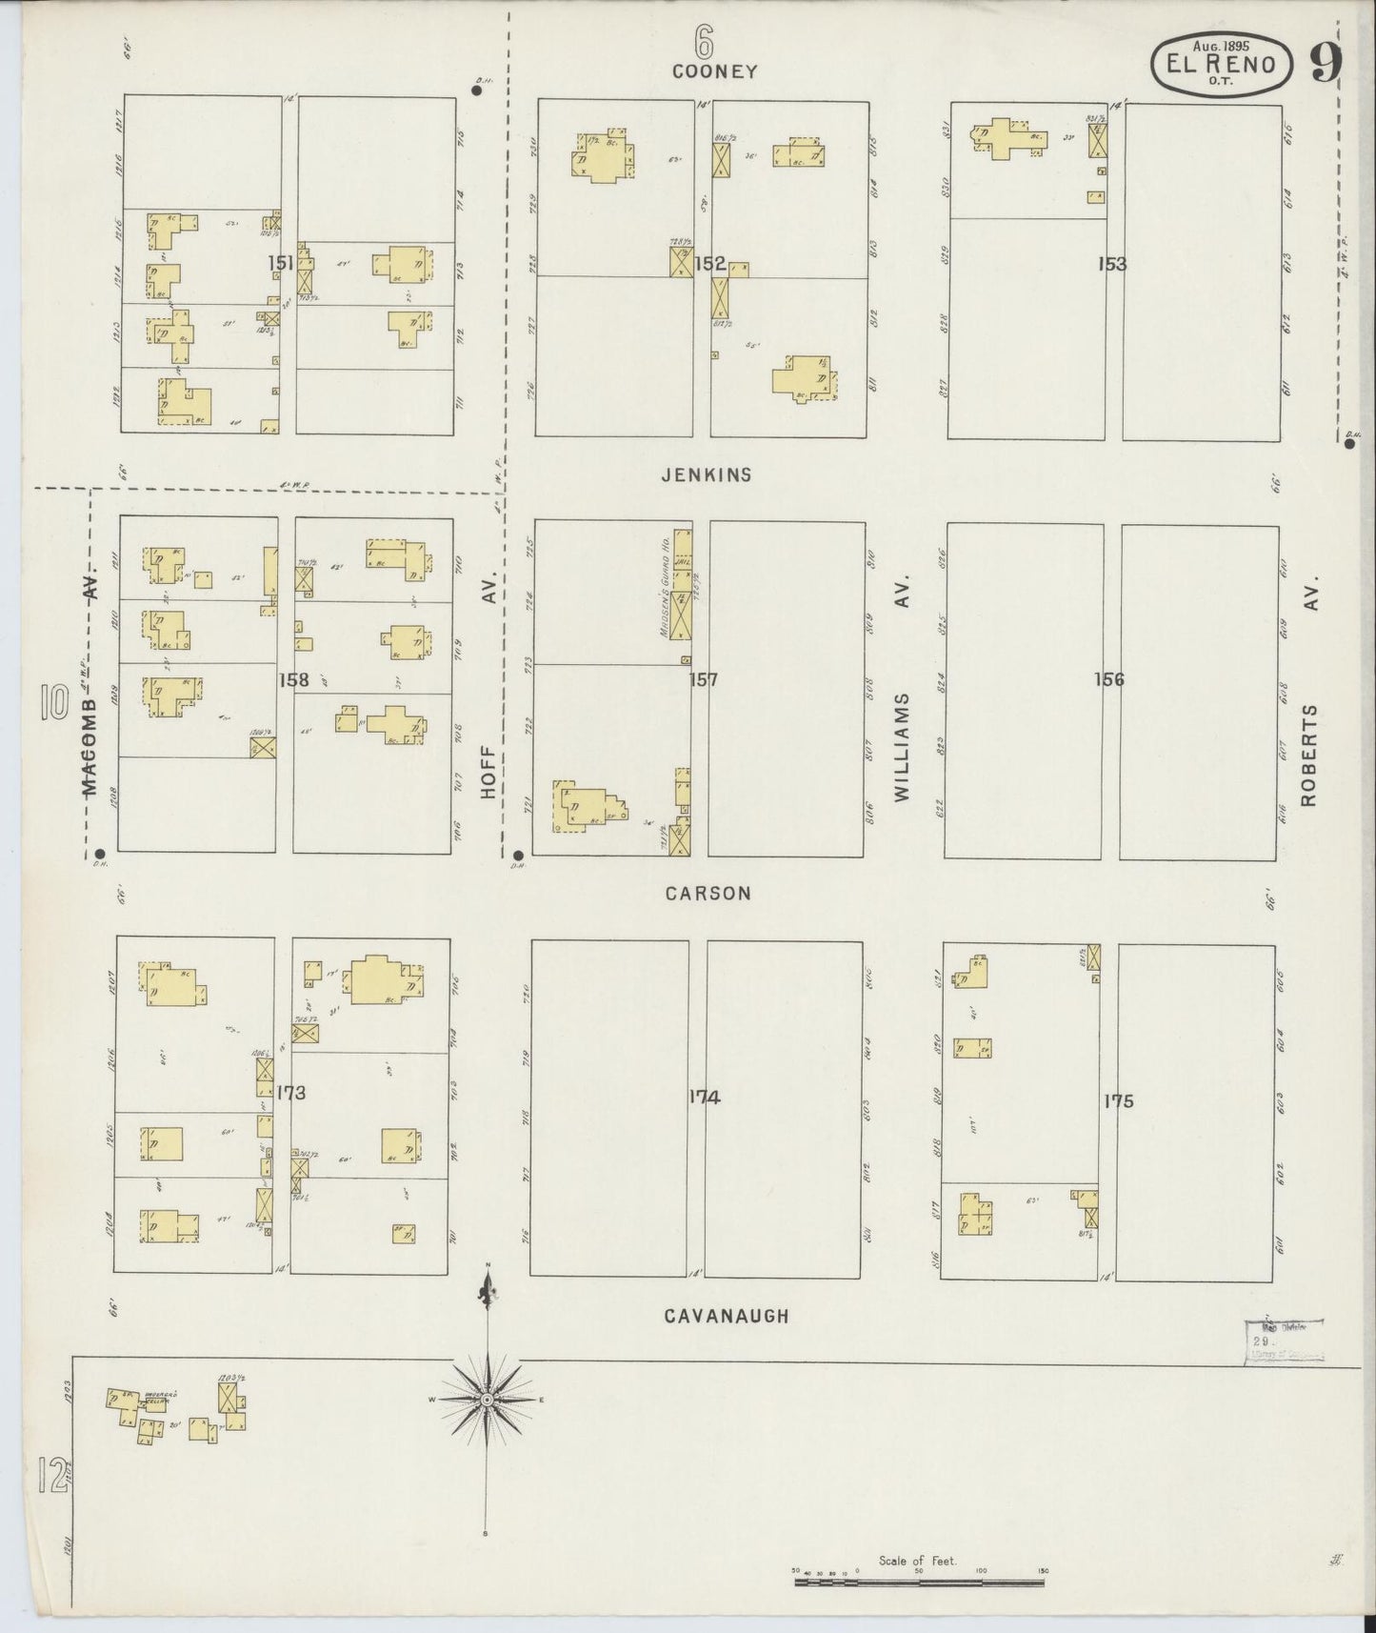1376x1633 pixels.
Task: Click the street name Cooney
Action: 714,71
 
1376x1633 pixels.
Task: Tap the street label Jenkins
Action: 707,474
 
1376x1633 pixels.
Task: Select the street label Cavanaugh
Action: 726,1316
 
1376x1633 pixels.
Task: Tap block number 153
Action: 1111,264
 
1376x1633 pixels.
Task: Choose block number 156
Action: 1109,679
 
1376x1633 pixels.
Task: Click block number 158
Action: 293,680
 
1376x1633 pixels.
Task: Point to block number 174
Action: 704,1098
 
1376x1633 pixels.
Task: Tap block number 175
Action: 1118,1101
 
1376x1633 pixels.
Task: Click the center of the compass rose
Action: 487,1400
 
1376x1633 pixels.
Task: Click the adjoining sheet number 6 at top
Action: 703,40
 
